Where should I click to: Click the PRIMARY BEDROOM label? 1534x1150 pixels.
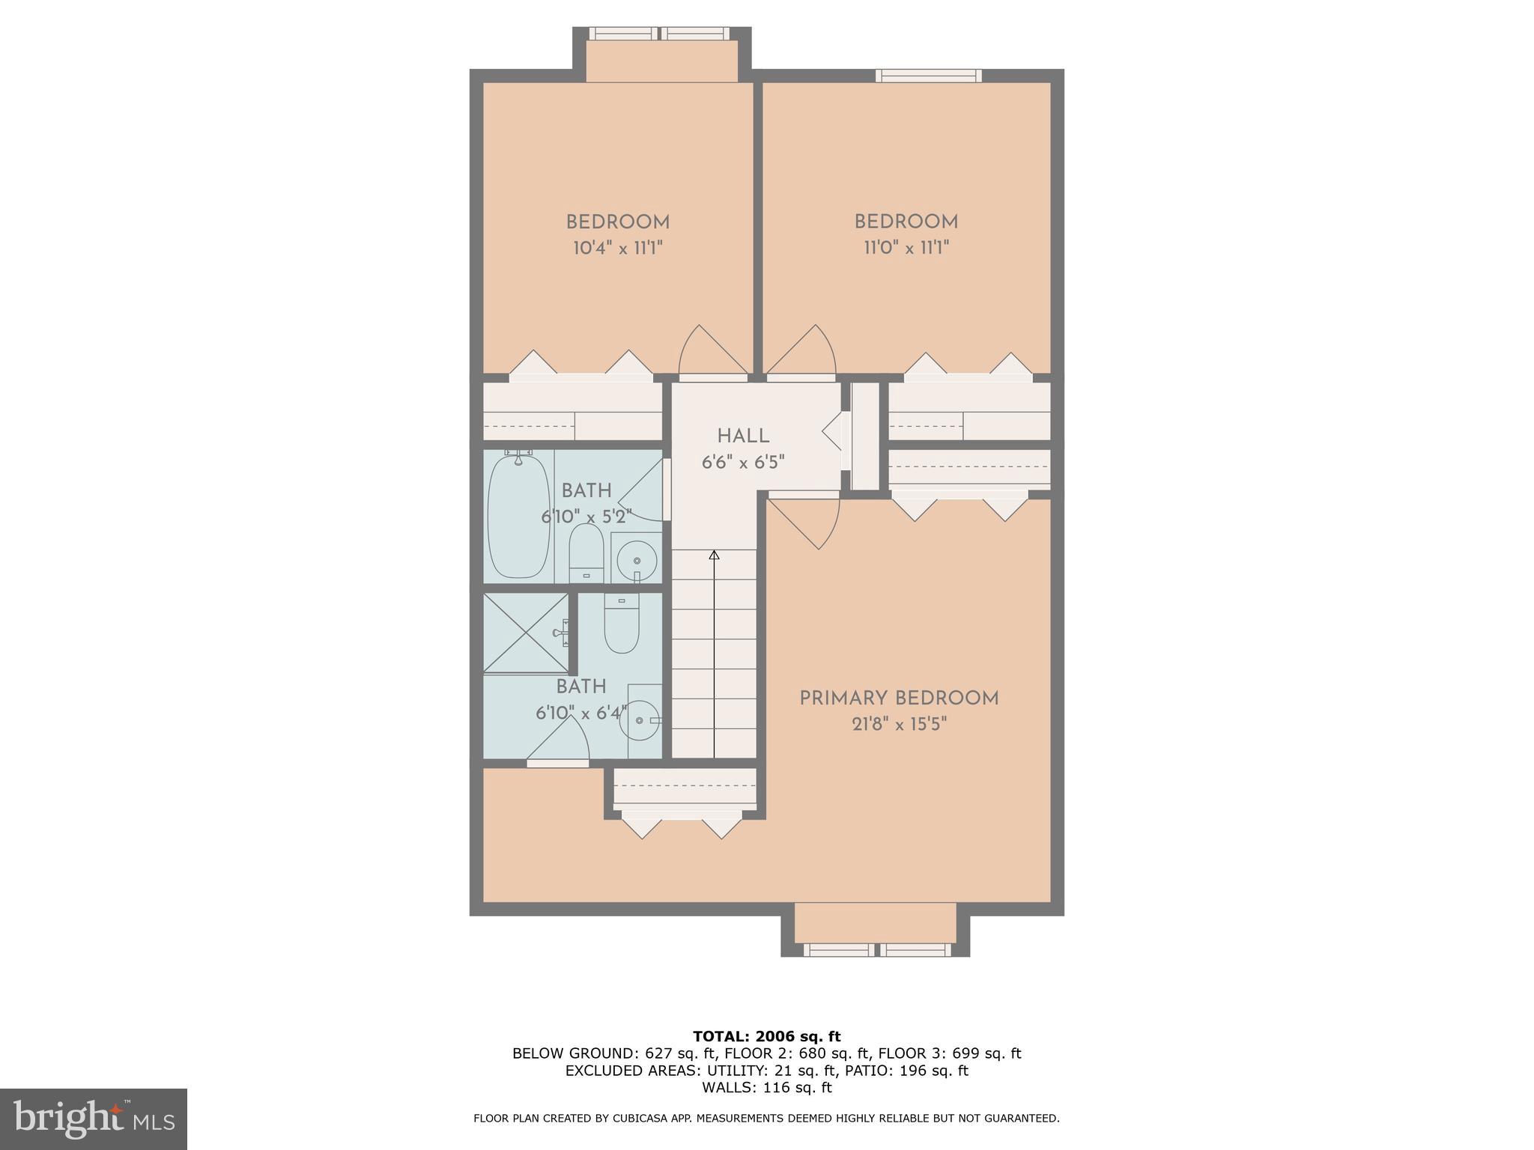pos(899,699)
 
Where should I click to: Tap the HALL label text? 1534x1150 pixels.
pos(743,436)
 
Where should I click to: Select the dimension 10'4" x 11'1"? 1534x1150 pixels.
pos(618,248)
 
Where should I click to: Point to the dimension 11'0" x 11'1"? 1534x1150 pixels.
pos(906,248)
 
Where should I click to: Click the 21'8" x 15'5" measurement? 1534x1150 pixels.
pos(899,724)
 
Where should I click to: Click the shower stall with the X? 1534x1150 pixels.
pos(526,632)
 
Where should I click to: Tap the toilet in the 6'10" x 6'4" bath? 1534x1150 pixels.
pos(621,625)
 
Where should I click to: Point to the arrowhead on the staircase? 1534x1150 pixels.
pos(714,556)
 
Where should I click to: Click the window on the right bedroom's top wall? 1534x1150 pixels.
pos(928,75)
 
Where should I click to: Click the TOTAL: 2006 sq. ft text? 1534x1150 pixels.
pos(766,1036)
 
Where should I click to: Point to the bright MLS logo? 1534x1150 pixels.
pos(93,1119)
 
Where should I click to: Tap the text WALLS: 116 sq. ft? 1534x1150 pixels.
pos(766,1088)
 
